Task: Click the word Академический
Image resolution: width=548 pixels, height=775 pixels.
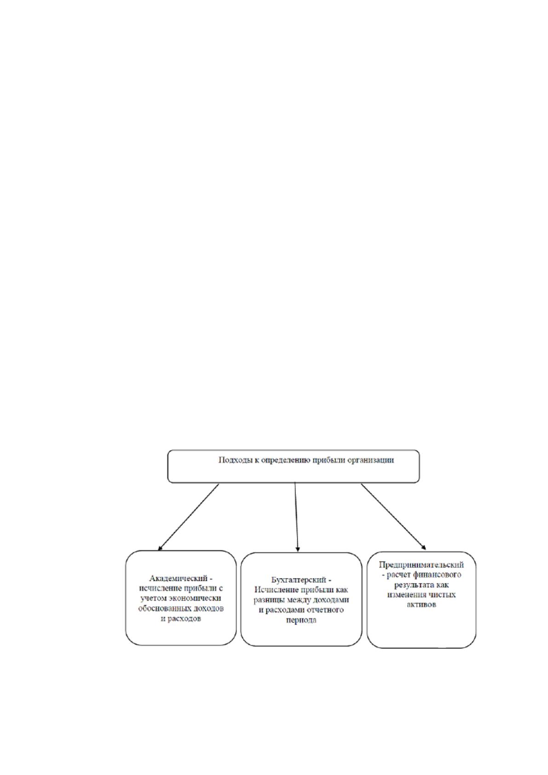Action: tap(178, 578)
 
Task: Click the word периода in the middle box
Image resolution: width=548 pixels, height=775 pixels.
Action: tap(301, 620)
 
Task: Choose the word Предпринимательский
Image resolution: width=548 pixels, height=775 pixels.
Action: tap(421, 565)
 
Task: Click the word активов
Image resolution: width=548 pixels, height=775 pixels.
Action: tap(421, 604)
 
